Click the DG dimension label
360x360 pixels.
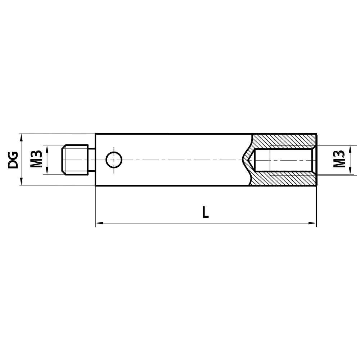click(x=13, y=160)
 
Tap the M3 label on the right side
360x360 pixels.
click(x=339, y=160)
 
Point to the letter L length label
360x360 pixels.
click(x=205, y=212)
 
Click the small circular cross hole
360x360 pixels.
click(x=114, y=159)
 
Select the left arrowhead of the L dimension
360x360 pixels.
click(x=98, y=223)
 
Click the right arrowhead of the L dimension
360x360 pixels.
click(x=313, y=223)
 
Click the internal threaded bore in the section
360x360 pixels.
click(x=284, y=160)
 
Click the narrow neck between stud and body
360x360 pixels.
click(x=92, y=160)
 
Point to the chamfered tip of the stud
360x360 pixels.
click(x=63, y=160)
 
